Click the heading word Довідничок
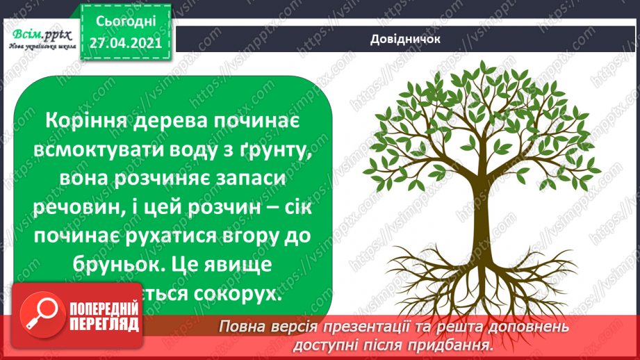pyautogui.click(x=406, y=39)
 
